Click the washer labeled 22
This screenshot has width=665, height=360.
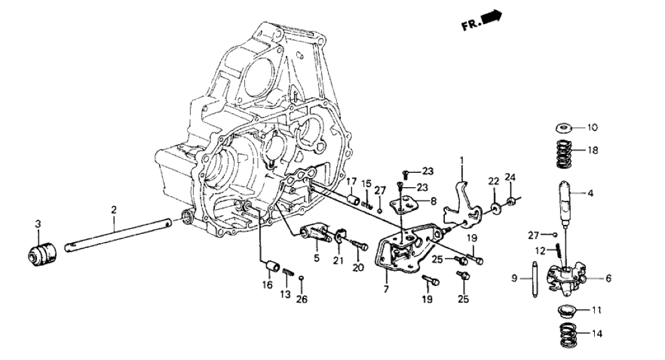(496, 208)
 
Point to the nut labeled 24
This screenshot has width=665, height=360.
(512, 199)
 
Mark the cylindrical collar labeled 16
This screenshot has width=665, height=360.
(272, 266)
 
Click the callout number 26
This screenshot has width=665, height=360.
(303, 300)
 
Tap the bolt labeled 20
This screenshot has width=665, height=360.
(359, 245)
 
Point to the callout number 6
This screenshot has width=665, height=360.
(609, 278)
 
